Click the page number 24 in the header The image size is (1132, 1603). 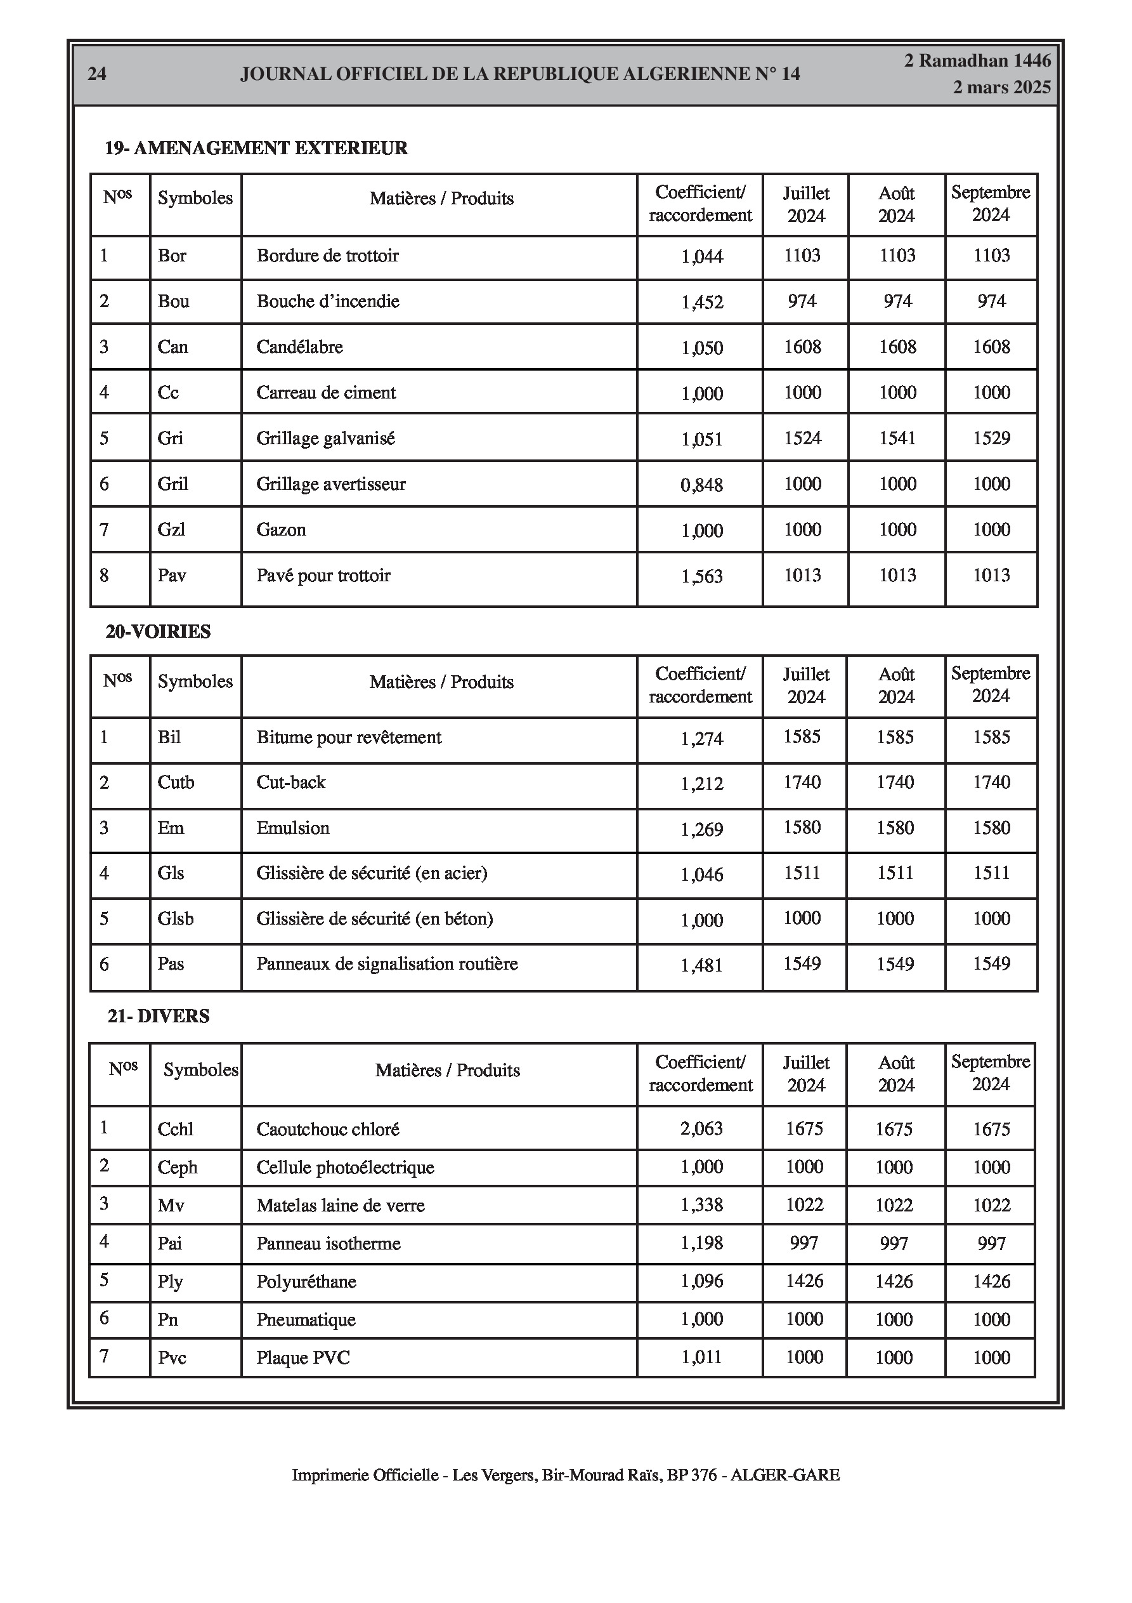tap(97, 74)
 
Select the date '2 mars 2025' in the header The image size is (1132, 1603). tap(1001, 88)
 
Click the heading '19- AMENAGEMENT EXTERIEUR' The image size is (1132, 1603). tap(256, 148)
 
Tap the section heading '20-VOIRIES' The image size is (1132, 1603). tap(159, 631)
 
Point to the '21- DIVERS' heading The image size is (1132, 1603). tap(159, 1016)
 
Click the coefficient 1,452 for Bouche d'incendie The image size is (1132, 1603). tap(702, 302)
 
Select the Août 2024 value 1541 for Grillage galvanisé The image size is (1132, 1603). tap(897, 439)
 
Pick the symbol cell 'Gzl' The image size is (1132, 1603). tap(172, 530)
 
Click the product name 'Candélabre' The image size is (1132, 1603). tap(299, 347)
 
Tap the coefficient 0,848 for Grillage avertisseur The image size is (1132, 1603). tap(701, 485)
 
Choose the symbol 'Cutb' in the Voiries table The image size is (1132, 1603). tap(176, 782)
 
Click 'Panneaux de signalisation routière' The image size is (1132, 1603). tap(387, 964)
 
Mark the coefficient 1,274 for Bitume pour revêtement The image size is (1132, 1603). tap(701, 739)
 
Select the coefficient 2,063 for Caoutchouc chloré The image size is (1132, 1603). tap(701, 1129)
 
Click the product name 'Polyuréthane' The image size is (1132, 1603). tap(306, 1282)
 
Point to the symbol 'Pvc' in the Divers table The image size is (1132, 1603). tap(172, 1358)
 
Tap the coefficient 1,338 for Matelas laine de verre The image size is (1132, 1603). tap(701, 1205)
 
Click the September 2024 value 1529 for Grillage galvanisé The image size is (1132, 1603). tap(991, 439)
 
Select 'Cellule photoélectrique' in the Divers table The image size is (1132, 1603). tap(345, 1167)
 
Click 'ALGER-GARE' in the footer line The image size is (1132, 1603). tap(785, 1475)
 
